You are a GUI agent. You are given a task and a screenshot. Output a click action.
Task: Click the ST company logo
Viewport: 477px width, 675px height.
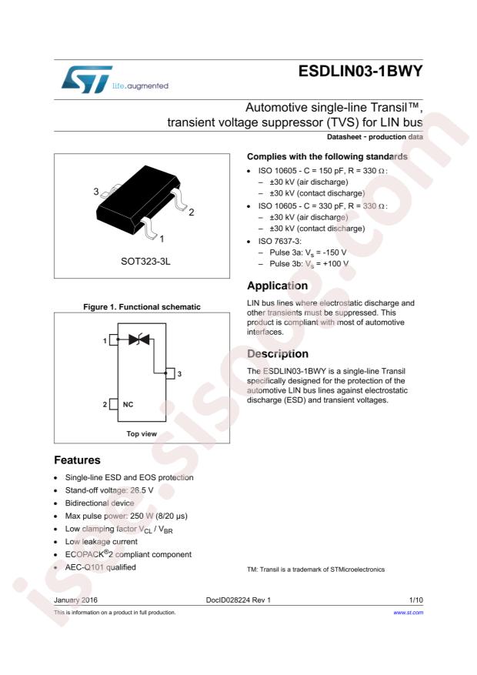(x=86, y=79)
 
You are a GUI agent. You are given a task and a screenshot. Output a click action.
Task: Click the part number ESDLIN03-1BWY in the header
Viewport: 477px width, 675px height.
(x=360, y=72)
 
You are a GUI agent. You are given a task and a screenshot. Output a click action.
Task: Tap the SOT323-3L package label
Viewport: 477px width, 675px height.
(x=145, y=262)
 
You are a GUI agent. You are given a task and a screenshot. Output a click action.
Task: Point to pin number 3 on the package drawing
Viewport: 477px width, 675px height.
(x=96, y=191)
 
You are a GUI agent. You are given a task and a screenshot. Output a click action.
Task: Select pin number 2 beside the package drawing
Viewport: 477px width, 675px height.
(x=192, y=212)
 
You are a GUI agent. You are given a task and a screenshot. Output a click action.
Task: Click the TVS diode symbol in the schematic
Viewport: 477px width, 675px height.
(x=139, y=339)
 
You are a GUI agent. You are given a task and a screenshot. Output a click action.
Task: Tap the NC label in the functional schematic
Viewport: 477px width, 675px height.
(x=128, y=405)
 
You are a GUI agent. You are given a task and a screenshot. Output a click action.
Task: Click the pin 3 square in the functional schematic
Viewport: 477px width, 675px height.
(x=170, y=373)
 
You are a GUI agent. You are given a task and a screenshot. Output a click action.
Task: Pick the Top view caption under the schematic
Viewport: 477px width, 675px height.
(x=142, y=434)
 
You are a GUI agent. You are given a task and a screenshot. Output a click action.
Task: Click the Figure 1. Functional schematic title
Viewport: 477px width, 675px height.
(x=142, y=307)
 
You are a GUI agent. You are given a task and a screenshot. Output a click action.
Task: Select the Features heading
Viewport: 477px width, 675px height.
(x=77, y=460)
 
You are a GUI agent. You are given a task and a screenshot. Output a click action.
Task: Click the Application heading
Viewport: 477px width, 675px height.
(x=278, y=286)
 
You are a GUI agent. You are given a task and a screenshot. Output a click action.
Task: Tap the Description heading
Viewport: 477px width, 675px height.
(x=278, y=354)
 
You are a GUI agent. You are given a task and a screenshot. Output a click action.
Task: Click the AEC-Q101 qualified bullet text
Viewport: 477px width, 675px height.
(x=100, y=567)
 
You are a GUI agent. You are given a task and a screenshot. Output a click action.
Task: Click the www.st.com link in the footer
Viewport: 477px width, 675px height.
(x=409, y=613)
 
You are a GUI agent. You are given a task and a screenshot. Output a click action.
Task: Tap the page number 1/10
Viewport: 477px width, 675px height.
(x=416, y=600)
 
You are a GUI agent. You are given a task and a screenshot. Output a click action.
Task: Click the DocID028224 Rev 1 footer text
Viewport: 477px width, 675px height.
(x=239, y=600)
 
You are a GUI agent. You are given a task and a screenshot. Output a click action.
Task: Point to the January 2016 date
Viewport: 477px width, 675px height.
(x=75, y=600)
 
